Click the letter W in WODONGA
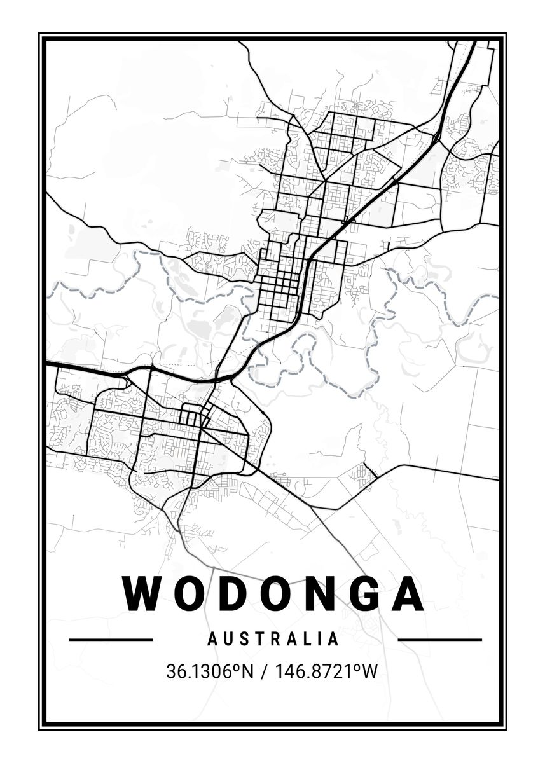pyautogui.click(x=144, y=593)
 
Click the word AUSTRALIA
pyautogui.click(x=273, y=638)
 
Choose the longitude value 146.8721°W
pyautogui.click(x=325, y=671)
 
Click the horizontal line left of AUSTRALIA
pyautogui.click(x=111, y=640)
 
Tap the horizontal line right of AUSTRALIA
pyautogui.click(x=439, y=640)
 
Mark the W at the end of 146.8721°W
pyautogui.click(x=370, y=671)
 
